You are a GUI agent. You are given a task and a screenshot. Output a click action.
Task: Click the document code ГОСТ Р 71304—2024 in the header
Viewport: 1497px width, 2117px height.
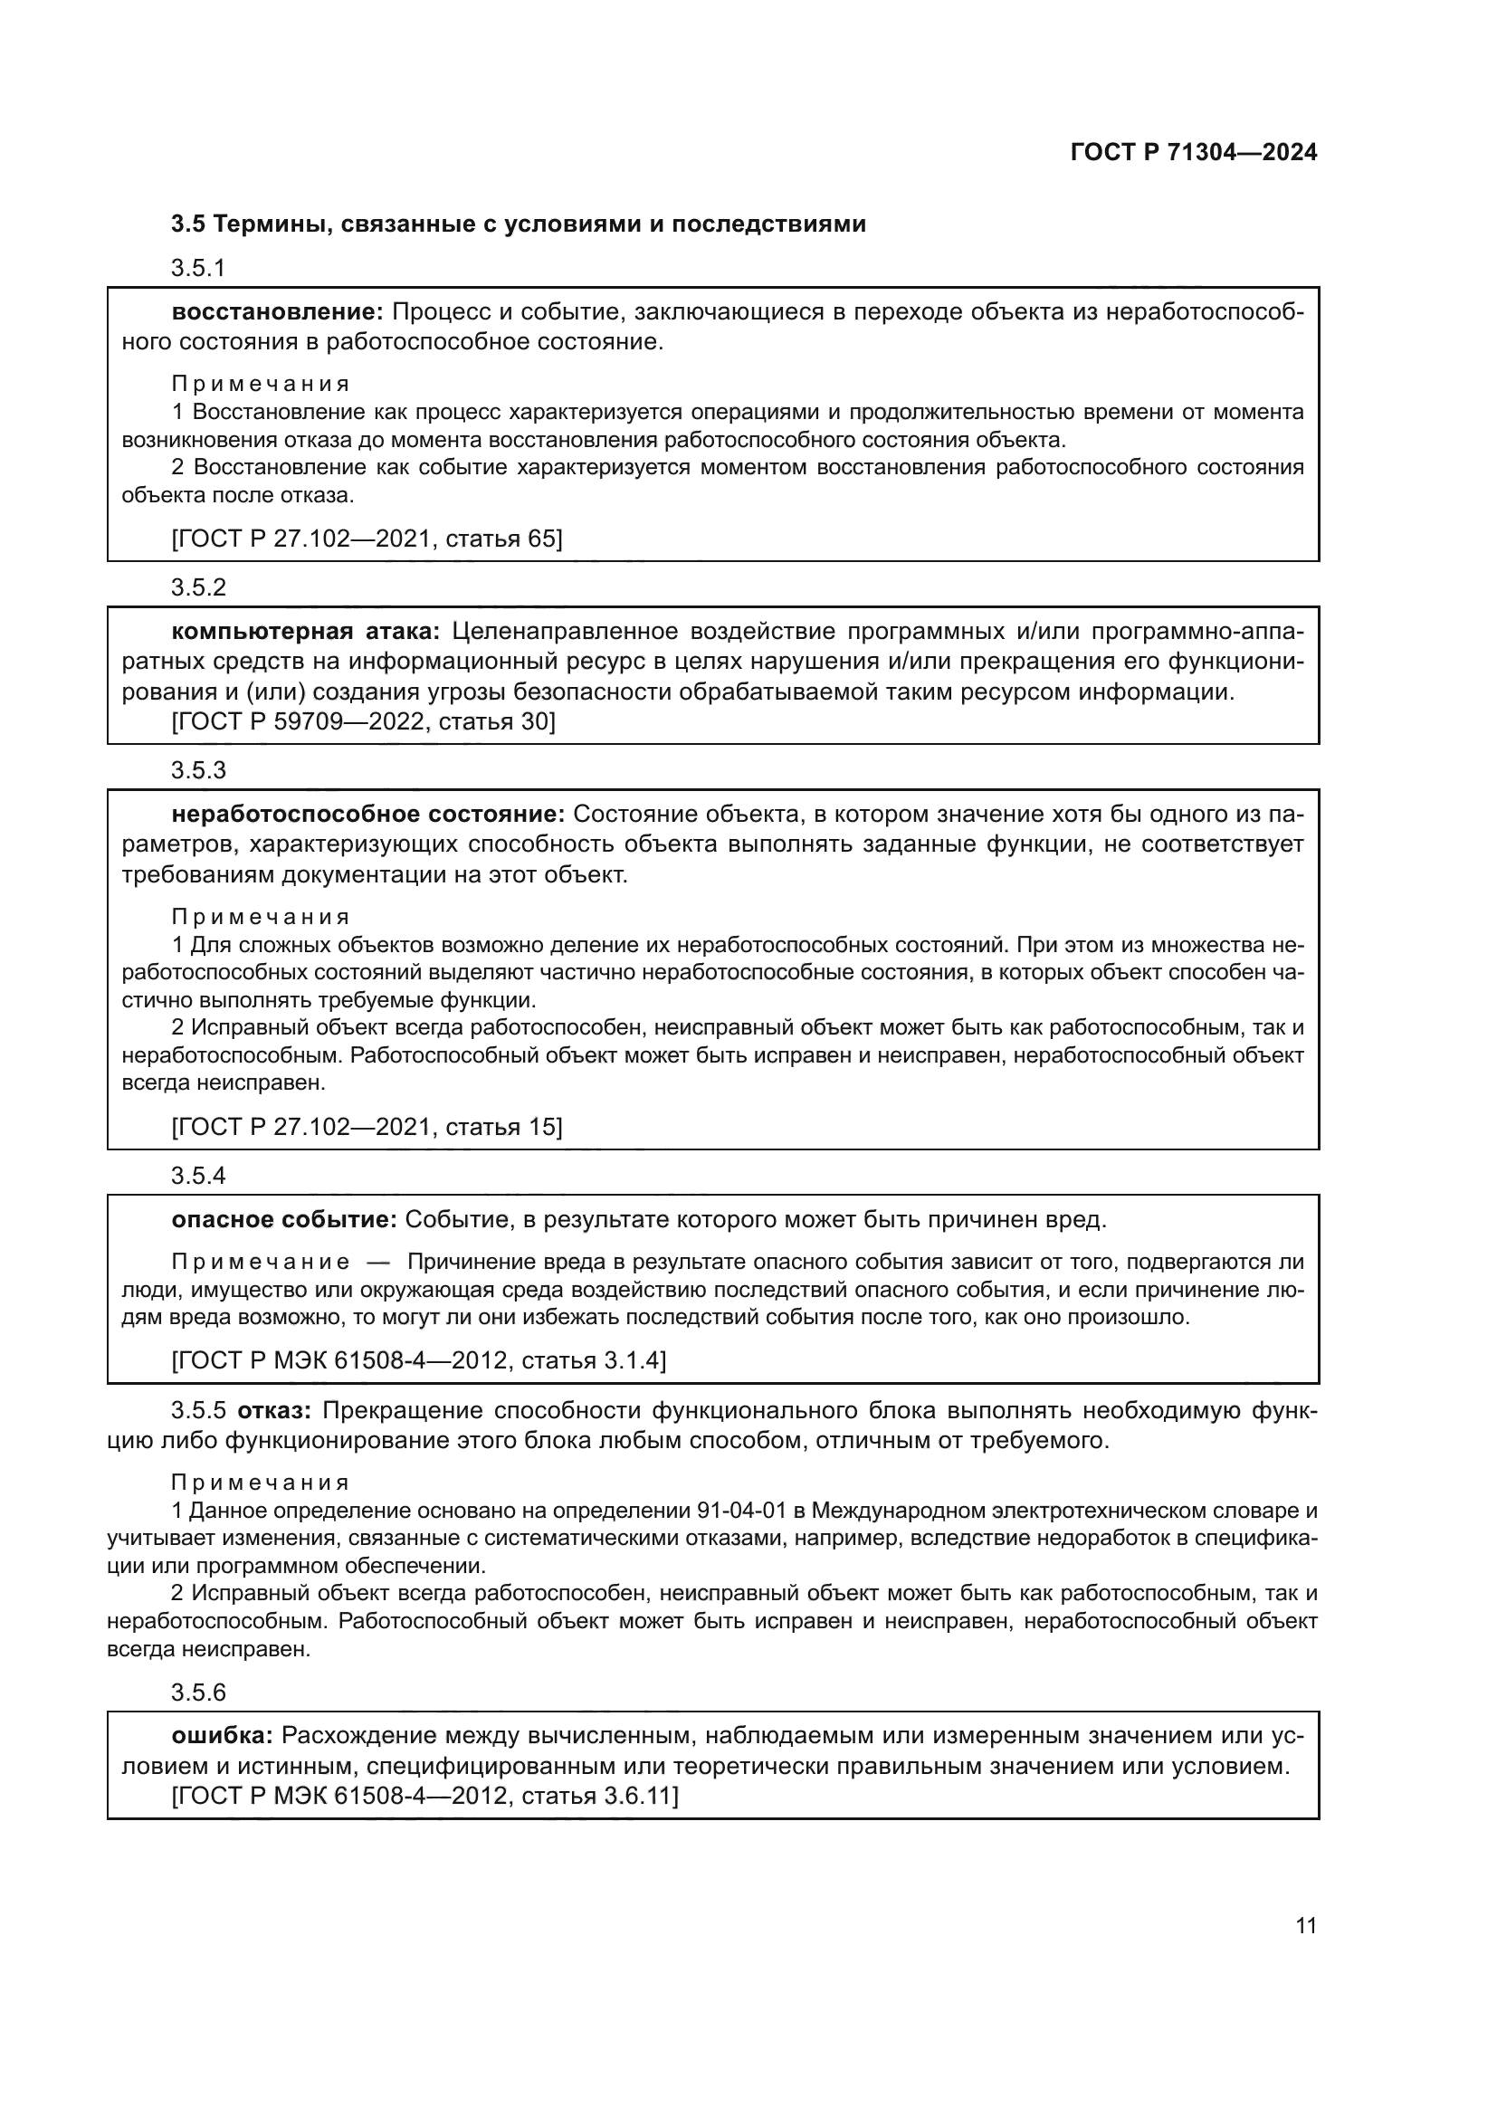[x=1193, y=153]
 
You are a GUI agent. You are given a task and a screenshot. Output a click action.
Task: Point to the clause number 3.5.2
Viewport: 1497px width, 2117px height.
[x=198, y=586]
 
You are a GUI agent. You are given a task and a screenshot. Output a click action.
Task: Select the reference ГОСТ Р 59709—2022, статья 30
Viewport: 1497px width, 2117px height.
[x=364, y=721]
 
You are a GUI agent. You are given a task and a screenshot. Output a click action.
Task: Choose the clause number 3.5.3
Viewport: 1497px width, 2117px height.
[x=198, y=769]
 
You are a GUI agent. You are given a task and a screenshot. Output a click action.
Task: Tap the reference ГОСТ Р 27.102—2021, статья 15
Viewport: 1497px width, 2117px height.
[x=367, y=1126]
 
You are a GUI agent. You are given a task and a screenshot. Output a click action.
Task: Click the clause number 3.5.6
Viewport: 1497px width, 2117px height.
[x=198, y=1692]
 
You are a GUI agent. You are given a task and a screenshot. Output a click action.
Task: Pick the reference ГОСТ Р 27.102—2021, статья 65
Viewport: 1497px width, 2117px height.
[x=367, y=538]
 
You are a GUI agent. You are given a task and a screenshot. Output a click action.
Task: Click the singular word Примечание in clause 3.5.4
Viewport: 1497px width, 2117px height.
[x=261, y=1263]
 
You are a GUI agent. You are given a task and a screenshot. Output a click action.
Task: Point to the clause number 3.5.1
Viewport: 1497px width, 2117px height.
[x=198, y=267]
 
